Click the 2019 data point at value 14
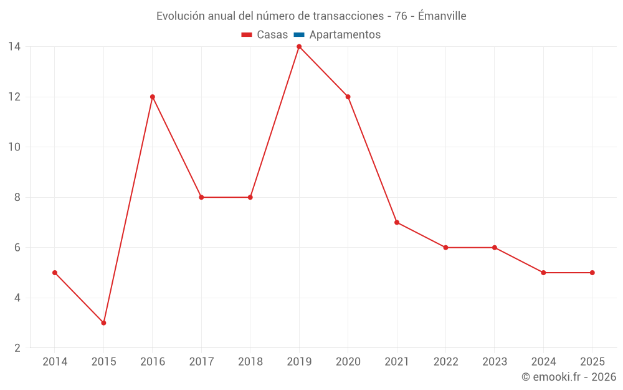[x=299, y=47]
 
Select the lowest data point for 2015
[x=103, y=323]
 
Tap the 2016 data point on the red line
[x=153, y=97]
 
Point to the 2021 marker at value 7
[x=397, y=222]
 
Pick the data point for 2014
[x=55, y=273]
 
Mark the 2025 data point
[x=592, y=273]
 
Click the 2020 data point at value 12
[x=348, y=97]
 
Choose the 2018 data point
[x=250, y=197]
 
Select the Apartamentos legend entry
[x=345, y=35]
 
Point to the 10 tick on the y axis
[x=14, y=147]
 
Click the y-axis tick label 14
[x=14, y=47]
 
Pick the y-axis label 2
[x=17, y=348]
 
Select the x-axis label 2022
[x=445, y=362]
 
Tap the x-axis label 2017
[x=201, y=362]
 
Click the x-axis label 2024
[x=543, y=362]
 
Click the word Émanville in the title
[x=442, y=16]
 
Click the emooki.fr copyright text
[x=569, y=377]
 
